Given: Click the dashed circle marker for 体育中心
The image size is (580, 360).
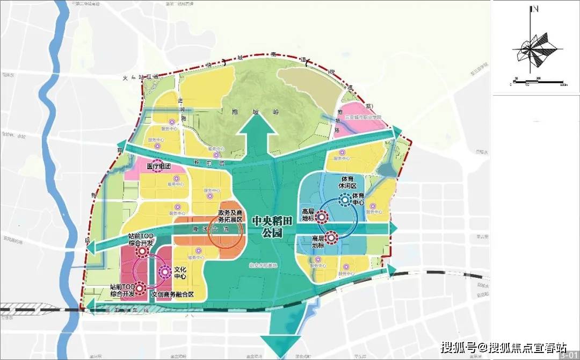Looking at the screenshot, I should tap(344, 200).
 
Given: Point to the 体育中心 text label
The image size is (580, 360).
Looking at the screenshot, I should tap(358, 200).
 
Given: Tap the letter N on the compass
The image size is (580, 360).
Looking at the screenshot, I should tap(535, 9).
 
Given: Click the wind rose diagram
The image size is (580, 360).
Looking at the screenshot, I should tap(535, 51).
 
